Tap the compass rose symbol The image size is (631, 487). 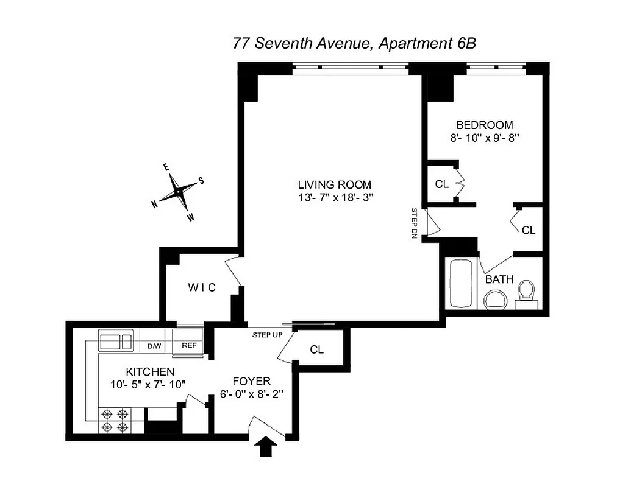[x=178, y=192]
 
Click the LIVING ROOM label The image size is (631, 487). [x=334, y=184]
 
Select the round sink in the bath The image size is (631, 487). [x=496, y=299]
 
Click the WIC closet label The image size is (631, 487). [x=201, y=287]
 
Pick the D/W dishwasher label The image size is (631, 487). [x=154, y=346]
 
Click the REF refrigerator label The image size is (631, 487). [x=188, y=346]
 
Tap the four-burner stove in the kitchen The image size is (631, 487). [x=116, y=419]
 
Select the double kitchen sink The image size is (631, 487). [x=116, y=341]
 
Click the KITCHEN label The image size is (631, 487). [x=150, y=371]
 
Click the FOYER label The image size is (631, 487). [x=254, y=381]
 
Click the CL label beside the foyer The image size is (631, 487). [x=316, y=349]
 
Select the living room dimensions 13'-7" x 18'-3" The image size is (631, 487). [x=334, y=197]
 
